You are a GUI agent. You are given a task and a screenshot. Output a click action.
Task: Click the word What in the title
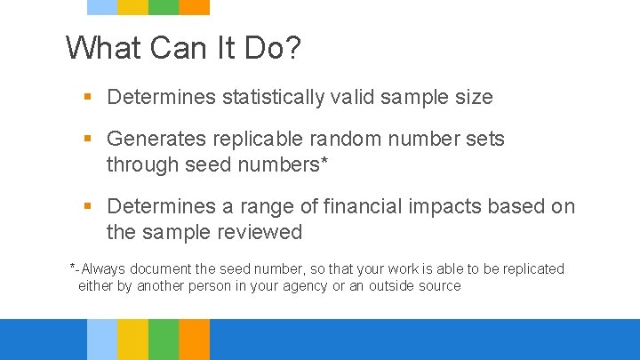click(104, 47)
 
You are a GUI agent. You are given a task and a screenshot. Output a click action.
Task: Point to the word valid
click(352, 97)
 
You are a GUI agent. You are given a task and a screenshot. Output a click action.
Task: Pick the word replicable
click(256, 140)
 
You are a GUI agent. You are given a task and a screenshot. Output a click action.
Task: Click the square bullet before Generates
click(88, 140)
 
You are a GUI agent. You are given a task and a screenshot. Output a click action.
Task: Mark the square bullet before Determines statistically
click(88, 97)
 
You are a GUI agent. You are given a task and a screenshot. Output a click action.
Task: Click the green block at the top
click(164, 7)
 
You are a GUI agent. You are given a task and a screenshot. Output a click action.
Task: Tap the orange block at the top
click(194, 7)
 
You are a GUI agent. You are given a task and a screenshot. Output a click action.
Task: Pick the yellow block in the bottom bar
click(132, 340)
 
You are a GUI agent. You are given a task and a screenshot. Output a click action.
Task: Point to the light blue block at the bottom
click(102, 340)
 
